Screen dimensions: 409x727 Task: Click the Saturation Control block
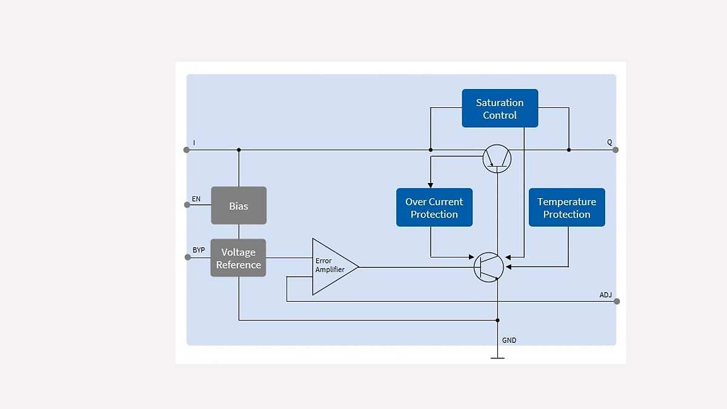coord(500,108)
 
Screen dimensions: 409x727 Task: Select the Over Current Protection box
coord(434,208)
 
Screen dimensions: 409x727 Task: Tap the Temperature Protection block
coord(566,208)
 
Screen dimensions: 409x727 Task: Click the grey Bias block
coord(239,206)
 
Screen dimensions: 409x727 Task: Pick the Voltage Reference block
coord(238,258)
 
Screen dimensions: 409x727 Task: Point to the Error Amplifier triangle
coord(332,266)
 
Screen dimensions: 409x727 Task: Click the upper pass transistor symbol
coord(497,159)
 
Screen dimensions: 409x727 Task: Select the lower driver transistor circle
coord(488,267)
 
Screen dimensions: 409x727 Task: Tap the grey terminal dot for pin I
coord(187,150)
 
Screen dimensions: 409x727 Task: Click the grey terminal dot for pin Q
coord(616,150)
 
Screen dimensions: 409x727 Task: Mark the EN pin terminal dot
coord(187,205)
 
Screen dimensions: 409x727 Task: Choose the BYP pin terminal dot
coord(187,257)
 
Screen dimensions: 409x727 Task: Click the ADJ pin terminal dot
coord(617,301)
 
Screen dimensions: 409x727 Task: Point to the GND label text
coord(509,341)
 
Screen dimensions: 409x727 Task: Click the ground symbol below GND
coord(497,357)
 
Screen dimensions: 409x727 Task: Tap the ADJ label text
coord(605,295)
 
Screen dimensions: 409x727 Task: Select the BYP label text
coord(199,250)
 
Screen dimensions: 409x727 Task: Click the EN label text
coord(196,199)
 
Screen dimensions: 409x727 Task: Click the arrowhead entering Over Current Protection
coord(430,185)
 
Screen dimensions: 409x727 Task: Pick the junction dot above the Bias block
coord(239,150)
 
